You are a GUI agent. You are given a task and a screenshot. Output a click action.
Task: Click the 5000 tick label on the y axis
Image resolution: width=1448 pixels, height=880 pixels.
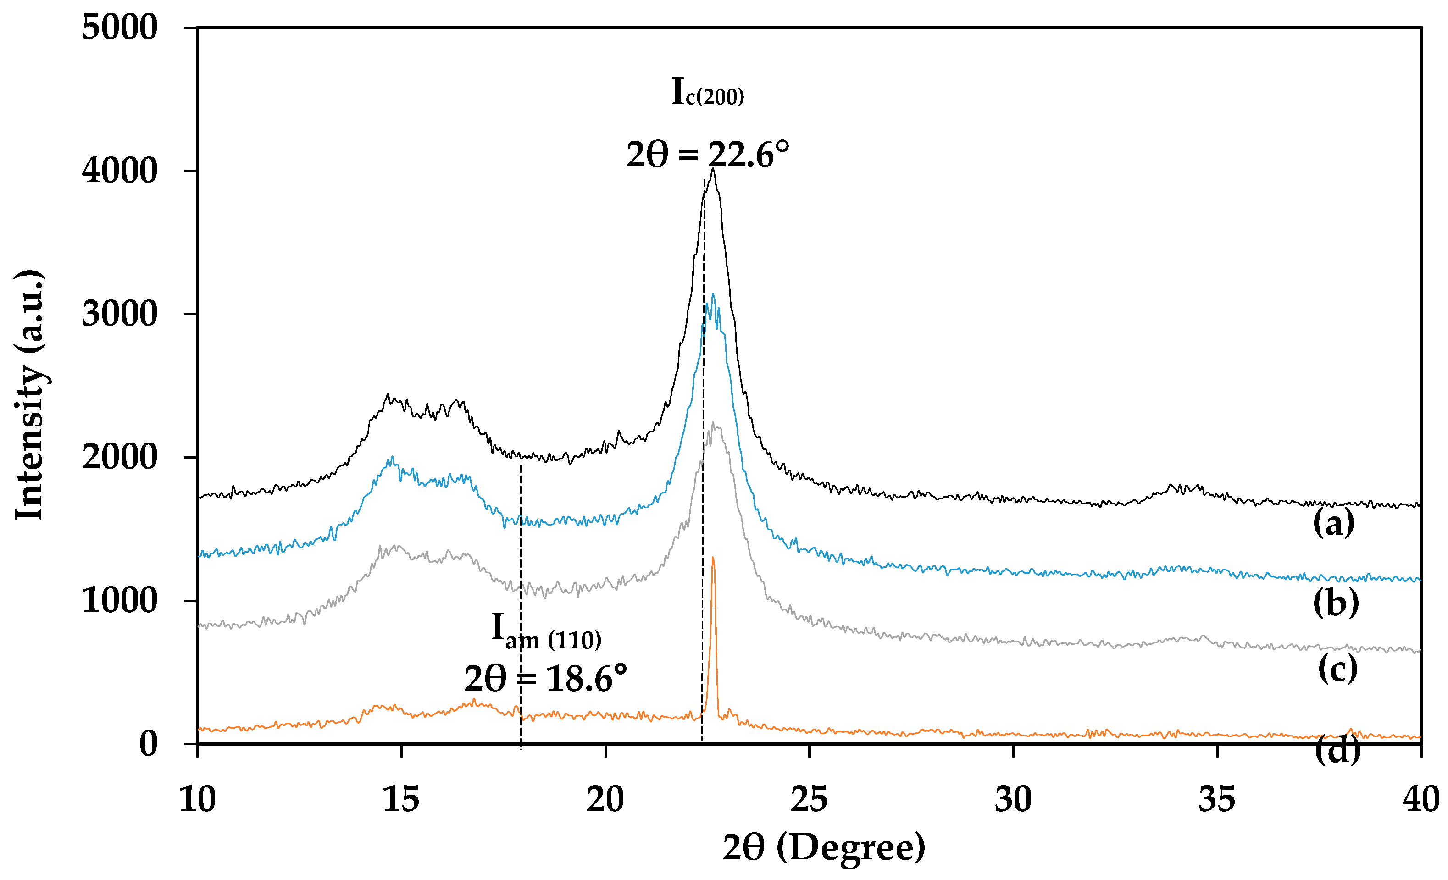(119, 28)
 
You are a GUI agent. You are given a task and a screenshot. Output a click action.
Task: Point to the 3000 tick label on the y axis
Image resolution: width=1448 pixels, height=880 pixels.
(119, 314)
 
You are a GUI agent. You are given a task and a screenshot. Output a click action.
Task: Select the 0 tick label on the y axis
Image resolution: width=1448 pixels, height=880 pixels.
(148, 744)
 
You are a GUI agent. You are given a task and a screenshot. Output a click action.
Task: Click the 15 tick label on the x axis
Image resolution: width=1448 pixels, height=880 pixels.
(401, 800)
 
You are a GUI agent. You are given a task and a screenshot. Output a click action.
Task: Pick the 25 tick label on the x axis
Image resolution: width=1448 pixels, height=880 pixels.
(809, 800)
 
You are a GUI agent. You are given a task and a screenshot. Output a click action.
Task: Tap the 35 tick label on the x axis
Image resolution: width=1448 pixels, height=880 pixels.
(1216, 800)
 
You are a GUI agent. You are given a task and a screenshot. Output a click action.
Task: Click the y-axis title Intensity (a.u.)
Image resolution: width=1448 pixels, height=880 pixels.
(29, 395)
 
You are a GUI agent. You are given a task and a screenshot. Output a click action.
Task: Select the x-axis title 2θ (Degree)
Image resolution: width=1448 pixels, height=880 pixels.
(824, 848)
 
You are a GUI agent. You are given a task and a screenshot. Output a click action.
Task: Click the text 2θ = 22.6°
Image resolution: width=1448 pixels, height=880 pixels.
(708, 155)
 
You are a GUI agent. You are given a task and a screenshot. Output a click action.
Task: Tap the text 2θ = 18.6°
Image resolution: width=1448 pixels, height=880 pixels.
(545, 679)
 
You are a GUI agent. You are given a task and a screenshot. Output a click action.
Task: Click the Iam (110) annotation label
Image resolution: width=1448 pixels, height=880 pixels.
(546, 631)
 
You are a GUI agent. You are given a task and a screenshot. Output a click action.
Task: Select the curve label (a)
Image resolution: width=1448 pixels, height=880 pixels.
(1333, 523)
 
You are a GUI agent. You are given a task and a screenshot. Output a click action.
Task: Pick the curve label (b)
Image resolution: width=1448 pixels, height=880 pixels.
(1336, 603)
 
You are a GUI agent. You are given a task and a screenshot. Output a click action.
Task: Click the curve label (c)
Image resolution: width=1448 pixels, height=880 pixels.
(1337, 669)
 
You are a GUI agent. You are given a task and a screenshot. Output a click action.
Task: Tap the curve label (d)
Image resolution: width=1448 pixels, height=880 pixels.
(1337, 751)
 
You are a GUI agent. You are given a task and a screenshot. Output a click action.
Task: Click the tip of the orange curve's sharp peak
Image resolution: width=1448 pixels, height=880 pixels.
(713, 558)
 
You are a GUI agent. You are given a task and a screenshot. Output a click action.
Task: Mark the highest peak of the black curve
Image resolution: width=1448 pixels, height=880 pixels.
(713, 169)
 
